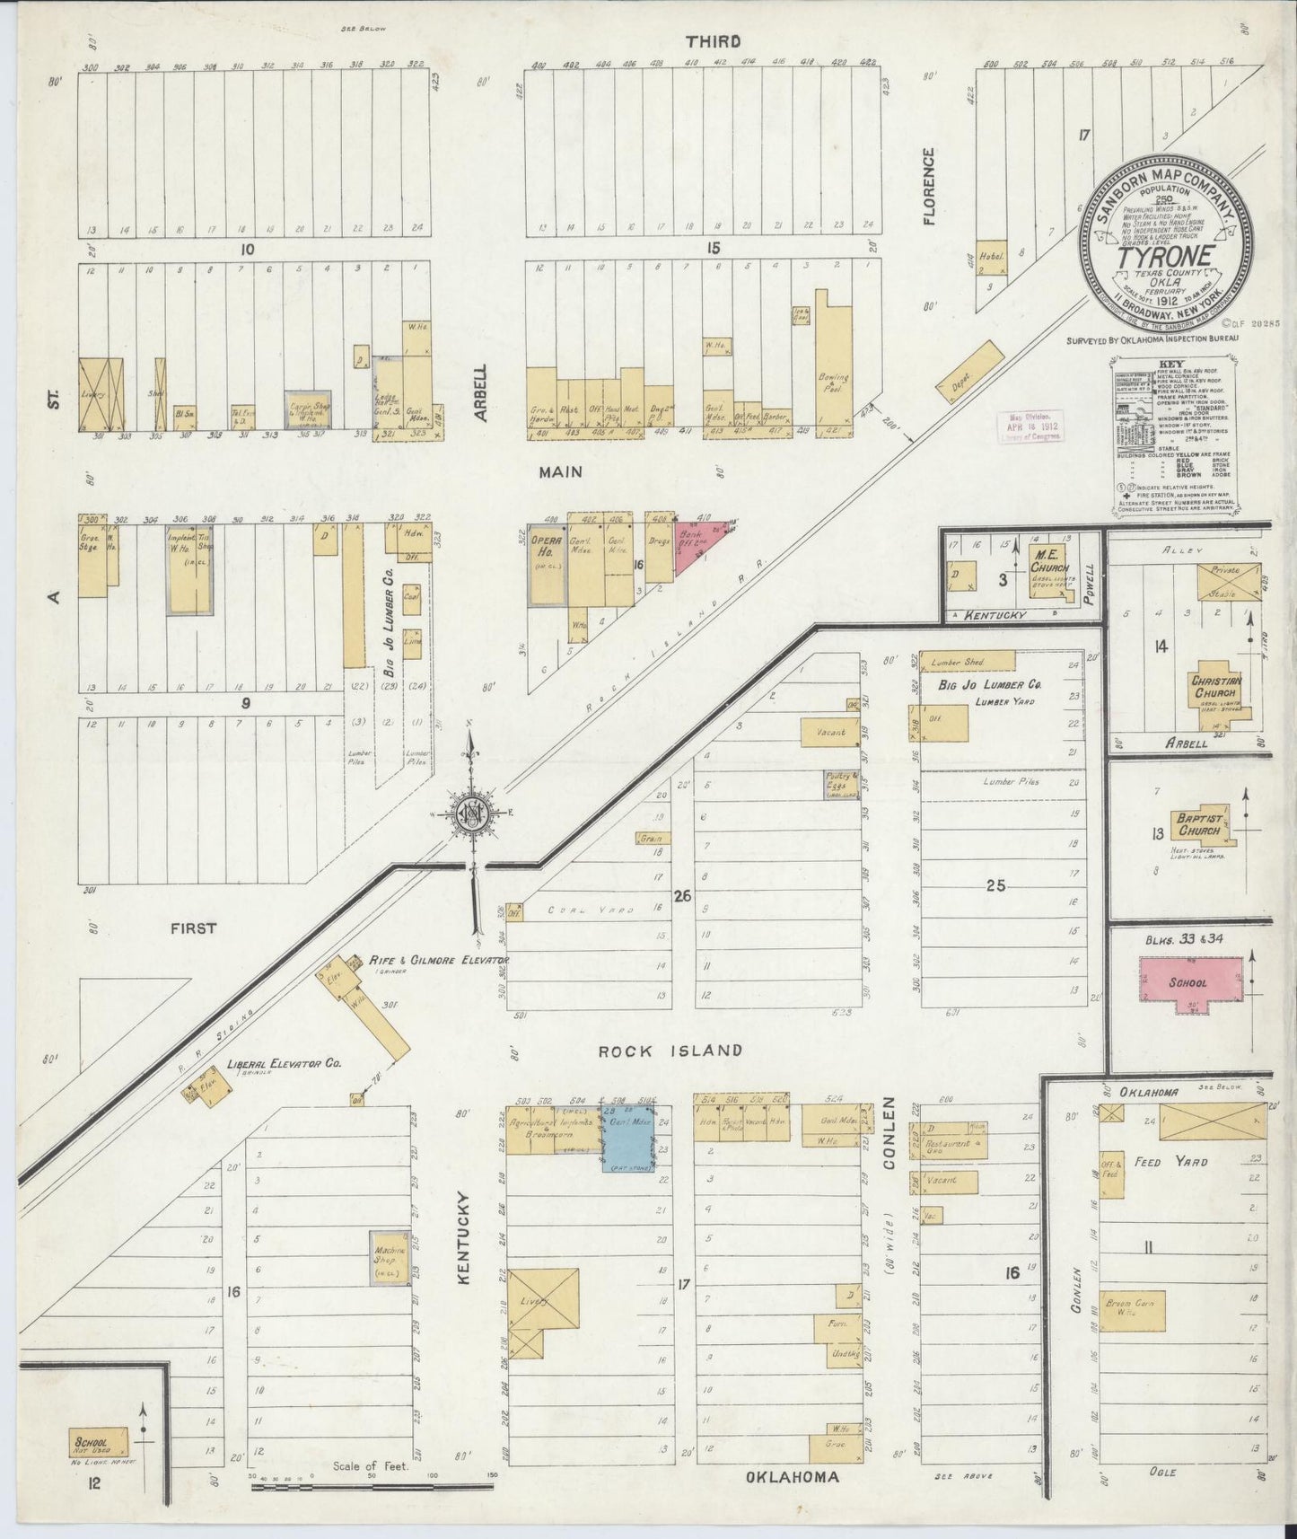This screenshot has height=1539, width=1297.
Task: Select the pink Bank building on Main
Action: coord(697,548)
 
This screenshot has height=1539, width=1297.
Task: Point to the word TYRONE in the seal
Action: coord(1165,255)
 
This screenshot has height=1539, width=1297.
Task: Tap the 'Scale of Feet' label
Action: coord(370,1466)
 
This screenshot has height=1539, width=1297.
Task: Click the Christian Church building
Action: coord(1216,691)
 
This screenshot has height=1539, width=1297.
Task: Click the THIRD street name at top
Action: coord(713,41)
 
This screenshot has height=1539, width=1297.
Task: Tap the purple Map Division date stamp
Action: coord(1029,427)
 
